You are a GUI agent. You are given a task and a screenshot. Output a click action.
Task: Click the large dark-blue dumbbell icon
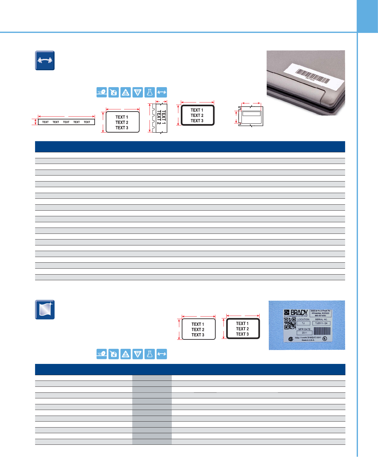tap(45, 60)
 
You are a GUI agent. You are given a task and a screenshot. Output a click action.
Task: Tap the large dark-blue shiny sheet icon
tap(45, 310)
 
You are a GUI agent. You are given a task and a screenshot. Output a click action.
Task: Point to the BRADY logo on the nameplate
tap(296, 313)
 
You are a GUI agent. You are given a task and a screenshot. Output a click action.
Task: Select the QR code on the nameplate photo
tap(290, 323)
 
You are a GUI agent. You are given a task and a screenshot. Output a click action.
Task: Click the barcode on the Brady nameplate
tap(322, 332)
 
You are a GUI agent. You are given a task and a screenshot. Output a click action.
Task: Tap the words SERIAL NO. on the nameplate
tap(321, 319)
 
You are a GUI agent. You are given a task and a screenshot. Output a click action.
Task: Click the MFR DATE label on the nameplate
tap(304, 329)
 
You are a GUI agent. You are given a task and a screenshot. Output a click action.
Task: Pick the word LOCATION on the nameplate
tap(303, 319)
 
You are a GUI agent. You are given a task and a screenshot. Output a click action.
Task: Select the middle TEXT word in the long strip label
tap(66, 122)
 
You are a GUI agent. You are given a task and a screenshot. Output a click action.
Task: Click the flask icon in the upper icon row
tap(150, 92)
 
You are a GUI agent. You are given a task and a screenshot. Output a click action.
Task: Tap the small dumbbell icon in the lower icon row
tap(161, 354)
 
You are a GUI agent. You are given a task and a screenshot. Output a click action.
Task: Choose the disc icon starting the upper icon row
tap(102, 92)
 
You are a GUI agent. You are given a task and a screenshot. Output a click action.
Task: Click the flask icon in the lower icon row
tap(150, 354)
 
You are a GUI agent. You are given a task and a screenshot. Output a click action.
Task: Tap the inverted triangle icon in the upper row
tap(138, 92)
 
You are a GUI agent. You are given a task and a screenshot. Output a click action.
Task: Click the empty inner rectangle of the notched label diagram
tap(251, 114)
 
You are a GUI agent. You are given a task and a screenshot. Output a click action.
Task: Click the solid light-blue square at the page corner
tap(367, 16)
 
